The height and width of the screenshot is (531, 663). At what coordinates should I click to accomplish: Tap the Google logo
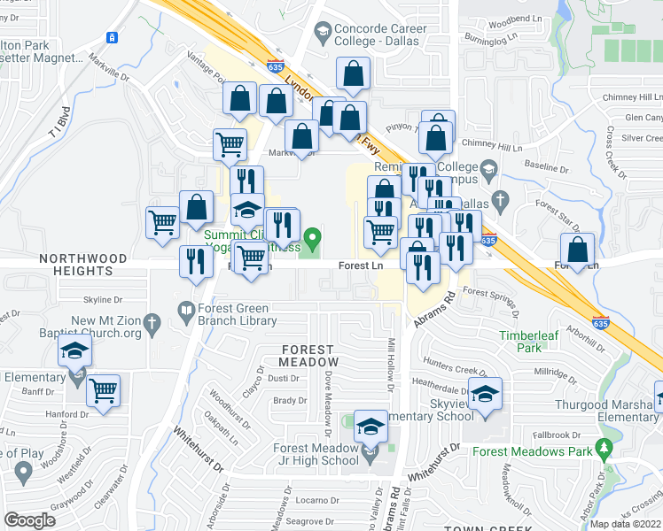coord(29,520)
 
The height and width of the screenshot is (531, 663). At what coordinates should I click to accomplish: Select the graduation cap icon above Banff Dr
coord(75,352)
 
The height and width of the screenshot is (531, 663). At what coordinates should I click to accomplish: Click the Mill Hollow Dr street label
coord(390,364)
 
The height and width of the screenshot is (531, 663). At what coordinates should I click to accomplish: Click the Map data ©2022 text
coord(624,524)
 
